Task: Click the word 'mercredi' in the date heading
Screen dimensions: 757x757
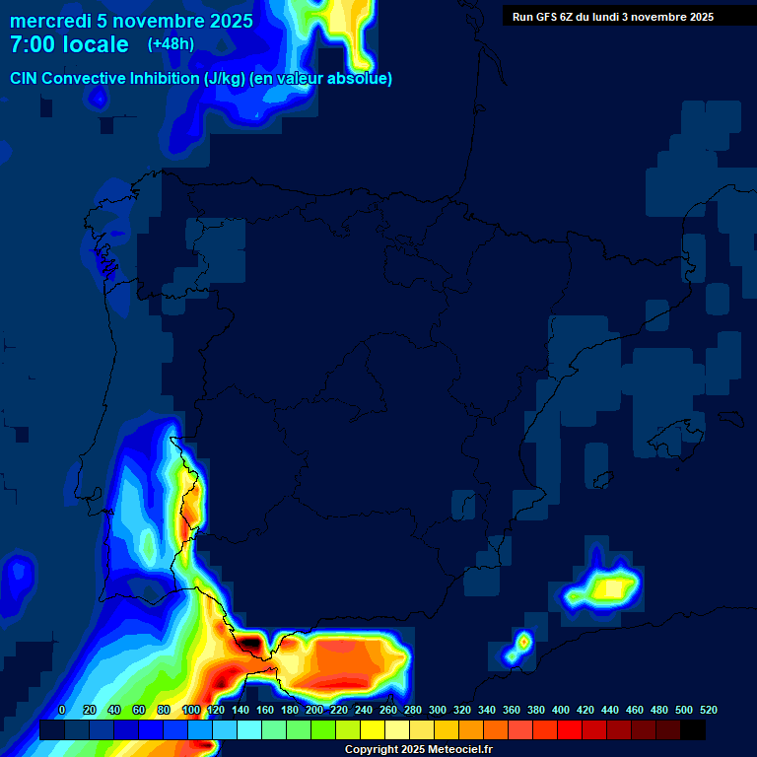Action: click(51, 21)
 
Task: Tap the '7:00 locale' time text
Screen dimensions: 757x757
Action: click(69, 44)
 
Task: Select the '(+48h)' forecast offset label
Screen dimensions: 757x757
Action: click(171, 44)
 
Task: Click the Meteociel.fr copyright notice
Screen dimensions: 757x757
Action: click(418, 750)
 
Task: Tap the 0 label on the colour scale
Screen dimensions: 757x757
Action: click(62, 710)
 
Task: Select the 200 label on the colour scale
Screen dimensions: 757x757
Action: click(313, 710)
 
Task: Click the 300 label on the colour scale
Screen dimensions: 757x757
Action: click(437, 710)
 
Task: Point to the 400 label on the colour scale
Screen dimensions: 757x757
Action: click(561, 710)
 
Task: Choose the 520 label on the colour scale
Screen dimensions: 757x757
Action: click(708, 710)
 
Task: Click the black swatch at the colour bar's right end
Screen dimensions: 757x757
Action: click(693, 730)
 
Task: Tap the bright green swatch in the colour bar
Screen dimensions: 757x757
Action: click(322, 730)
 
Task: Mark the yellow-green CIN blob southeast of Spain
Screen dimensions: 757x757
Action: click(603, 588)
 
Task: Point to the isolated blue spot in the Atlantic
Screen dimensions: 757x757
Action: click(18, 575)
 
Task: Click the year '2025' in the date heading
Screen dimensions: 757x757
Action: click(227, 21)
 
